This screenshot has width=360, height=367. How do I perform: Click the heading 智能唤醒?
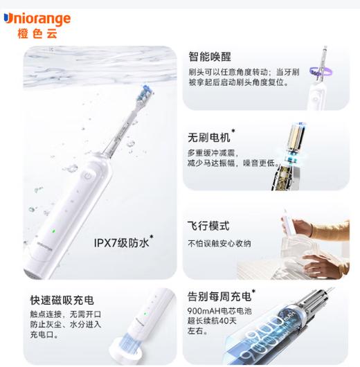point(210,57)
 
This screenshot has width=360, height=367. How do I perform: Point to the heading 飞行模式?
point(208,226)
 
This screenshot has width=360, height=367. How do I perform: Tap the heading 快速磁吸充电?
point(61,300)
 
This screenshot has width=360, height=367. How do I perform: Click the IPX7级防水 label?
point(122,242)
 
